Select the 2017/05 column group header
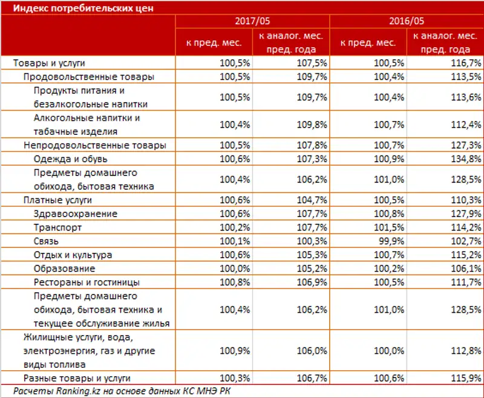click(252, 21)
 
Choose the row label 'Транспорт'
click(57, 227)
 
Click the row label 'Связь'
click(46, 241)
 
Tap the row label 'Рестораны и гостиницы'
click(87, 282)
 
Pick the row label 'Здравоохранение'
click(76, 214)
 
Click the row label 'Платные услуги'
click(57, 200)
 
